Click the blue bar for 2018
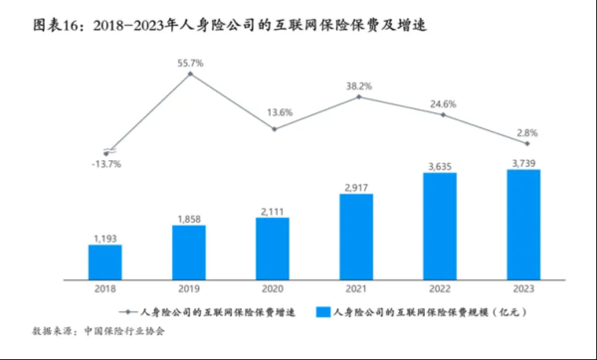(x=104, y=260)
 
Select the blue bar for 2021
(x=355, y=235)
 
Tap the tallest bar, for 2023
(x=522, y=223)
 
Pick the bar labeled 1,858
(x=188, y=250)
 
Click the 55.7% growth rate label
(x=190, y=63)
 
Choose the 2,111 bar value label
(x=272, y=209)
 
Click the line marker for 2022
(x=439, y=115)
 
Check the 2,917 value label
(x=355, y=186)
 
